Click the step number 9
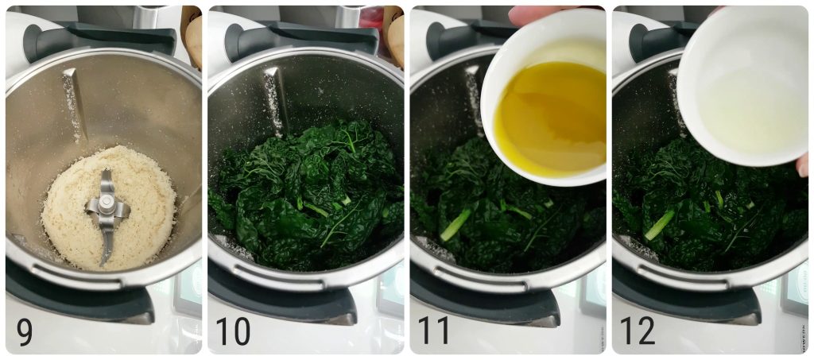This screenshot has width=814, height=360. pos(24,331)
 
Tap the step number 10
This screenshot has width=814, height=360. pos(233,331)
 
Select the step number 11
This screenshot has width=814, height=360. pos(434,331)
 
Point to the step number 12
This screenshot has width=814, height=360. pos(638,331)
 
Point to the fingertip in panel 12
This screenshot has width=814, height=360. pos(803,165)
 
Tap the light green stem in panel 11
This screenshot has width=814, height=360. pos(456,224)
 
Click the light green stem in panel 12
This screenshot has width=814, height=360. pos(659,225)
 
